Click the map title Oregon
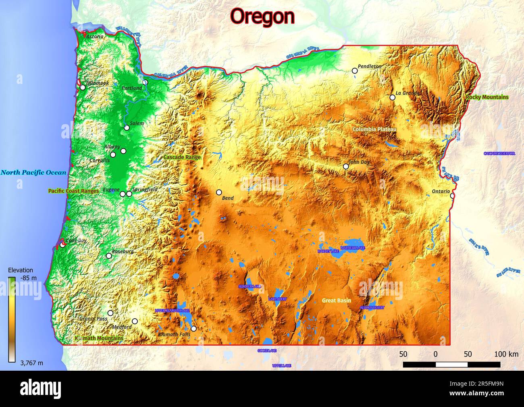pos(262,17)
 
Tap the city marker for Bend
pos(219,192)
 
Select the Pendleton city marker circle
pos(355,71)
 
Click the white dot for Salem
pos(127,128)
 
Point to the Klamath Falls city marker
pos(193,329)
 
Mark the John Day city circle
pos(346,167)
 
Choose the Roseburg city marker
pos(109,256)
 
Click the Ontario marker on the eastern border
pos(452,196)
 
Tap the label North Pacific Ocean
pos(33,173)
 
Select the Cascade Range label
pos(182,157)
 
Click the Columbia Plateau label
pos(374,129)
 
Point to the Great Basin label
pos(336,301)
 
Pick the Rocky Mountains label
pos(487,97)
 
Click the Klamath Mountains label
pos(99,338)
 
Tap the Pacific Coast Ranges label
pos(73,191)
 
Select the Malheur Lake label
pos(353,247)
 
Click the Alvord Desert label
pos(372,308)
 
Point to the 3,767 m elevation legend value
pos(31,363)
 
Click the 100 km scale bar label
pos(506,355)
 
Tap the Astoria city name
pos(95,36)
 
